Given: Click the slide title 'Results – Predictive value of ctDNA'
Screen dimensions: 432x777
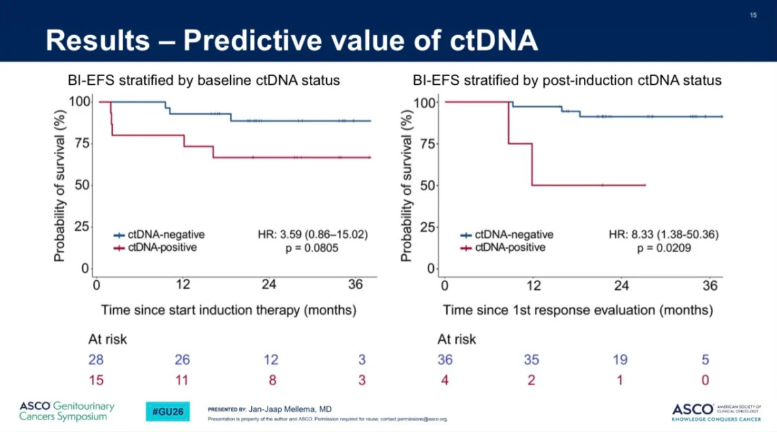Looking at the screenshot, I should [x=292, y=40].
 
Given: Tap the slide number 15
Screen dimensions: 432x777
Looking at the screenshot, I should [x=753, y=15].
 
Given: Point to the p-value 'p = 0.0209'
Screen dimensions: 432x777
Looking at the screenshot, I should [x=663, y=248].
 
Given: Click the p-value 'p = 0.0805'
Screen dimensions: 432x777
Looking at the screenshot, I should [x=312, y=248].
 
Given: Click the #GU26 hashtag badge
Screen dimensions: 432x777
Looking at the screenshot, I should [x=168, y=412].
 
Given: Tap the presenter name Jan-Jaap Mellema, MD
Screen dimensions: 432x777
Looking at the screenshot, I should [x=290, y=409].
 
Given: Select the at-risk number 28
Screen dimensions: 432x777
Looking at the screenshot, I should [x=96, y=360].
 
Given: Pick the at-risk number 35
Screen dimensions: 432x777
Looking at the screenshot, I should [x=532, y=360].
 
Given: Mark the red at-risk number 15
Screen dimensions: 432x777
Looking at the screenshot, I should [x=96, y=380].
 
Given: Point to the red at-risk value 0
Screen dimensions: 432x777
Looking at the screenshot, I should [x=705, y=380].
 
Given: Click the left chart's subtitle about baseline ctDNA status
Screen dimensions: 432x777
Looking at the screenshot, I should [x=204, y=81].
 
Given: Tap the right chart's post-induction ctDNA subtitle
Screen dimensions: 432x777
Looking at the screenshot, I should [x=567, y=81].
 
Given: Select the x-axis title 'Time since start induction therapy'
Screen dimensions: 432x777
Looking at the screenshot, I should [x=228, y=310].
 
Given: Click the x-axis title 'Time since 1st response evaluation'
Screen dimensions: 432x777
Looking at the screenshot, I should [x=578, y=310].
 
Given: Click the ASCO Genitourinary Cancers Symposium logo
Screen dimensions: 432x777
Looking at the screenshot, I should [x=67, y=411].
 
